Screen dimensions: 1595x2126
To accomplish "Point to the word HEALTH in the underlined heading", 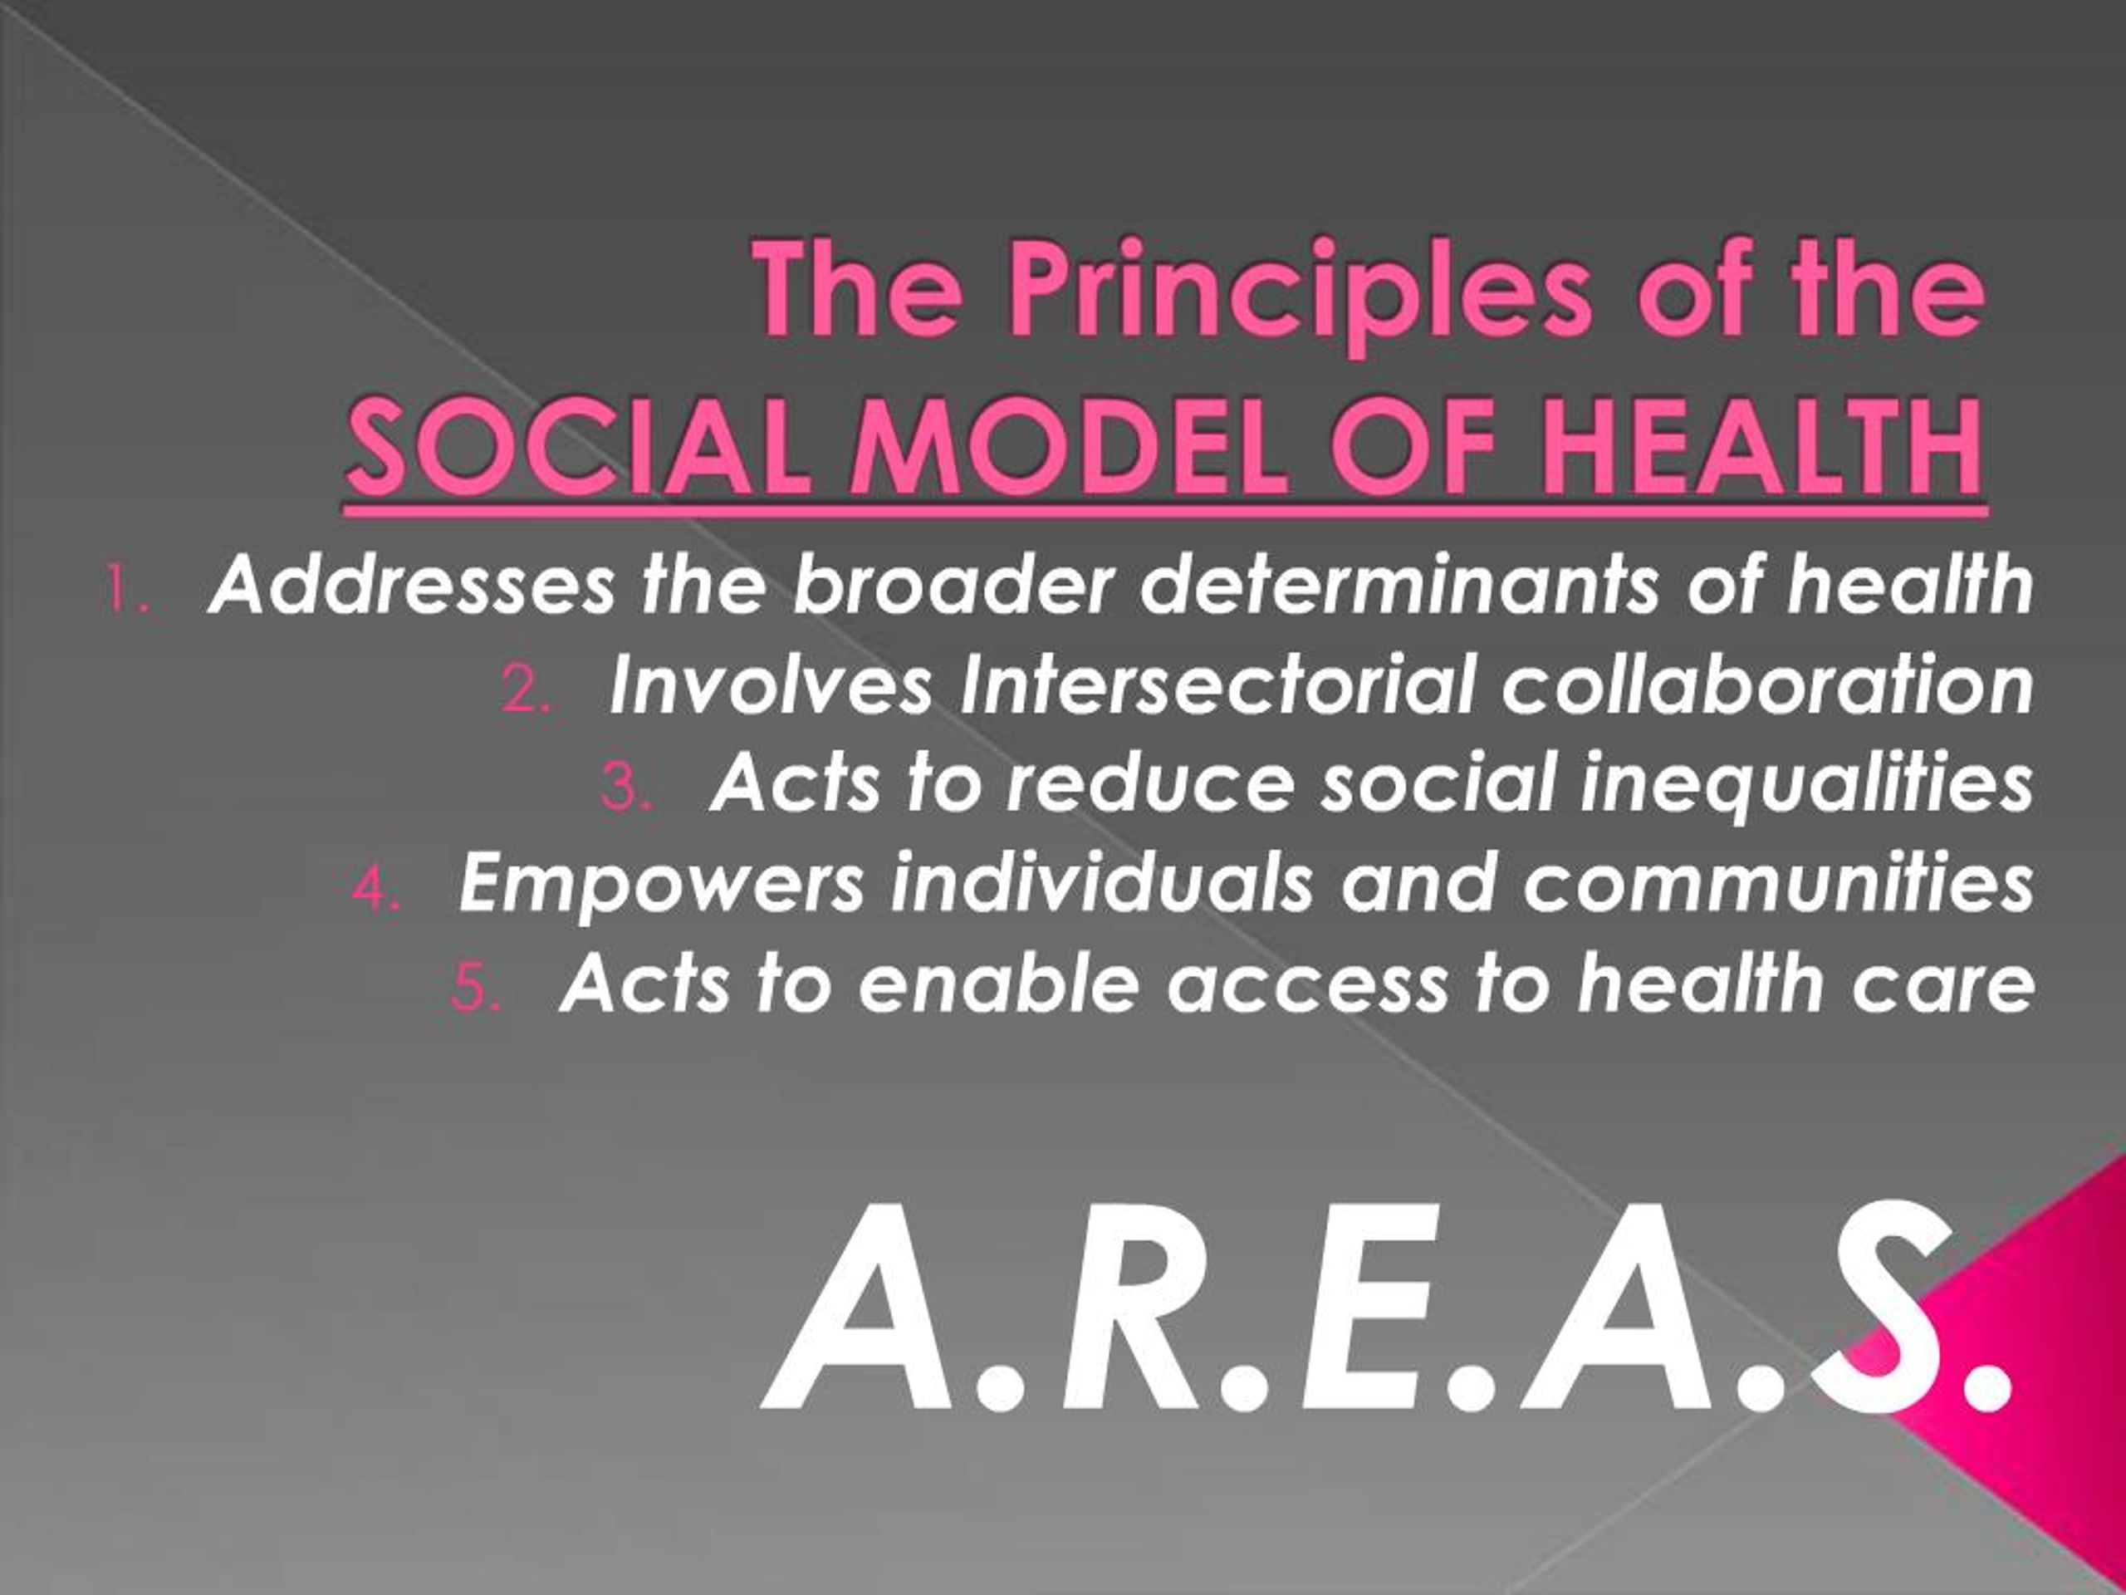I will point(1758,451).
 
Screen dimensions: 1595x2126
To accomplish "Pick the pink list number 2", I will point(525,690).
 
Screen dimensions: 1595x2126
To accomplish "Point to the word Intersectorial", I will point(1216,685).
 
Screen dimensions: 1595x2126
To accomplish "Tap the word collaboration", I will point(1766,685).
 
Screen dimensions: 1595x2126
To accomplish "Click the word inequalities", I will point(1806,784).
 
